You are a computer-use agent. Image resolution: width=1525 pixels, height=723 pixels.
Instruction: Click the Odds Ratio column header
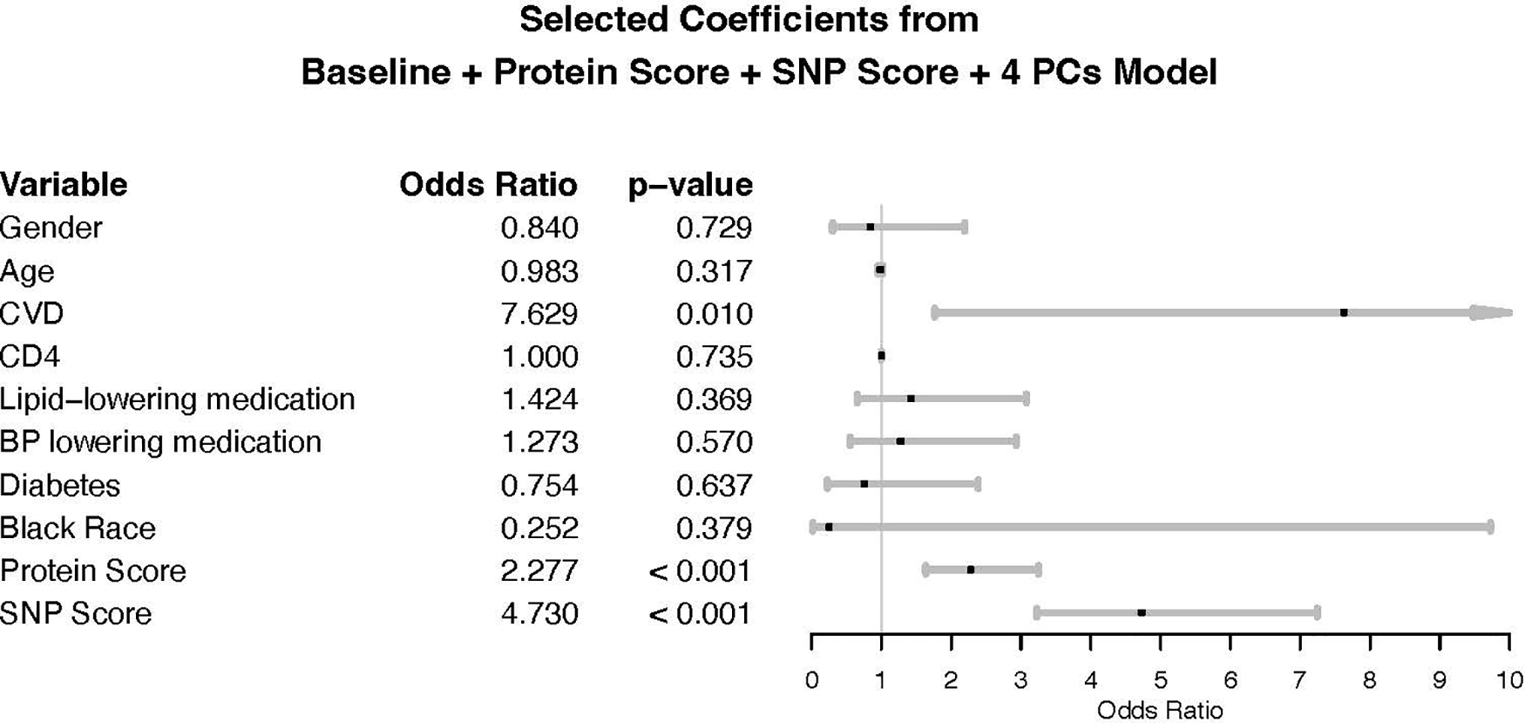488,185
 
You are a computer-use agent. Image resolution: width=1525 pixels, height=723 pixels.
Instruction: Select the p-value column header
690,185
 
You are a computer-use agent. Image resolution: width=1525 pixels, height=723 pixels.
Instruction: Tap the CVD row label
32,313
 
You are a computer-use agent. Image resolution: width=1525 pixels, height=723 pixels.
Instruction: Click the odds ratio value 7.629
539,313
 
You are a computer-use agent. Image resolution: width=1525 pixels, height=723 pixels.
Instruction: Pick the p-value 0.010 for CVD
714,313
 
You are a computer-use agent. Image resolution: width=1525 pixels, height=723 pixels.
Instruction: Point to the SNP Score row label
76,613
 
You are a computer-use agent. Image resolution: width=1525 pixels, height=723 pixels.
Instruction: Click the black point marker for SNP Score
1142,613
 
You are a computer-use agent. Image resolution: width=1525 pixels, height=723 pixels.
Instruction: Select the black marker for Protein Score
971,570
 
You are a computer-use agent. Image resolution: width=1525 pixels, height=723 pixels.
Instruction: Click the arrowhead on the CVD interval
1491,312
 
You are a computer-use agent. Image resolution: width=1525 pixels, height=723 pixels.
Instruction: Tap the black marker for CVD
1344,312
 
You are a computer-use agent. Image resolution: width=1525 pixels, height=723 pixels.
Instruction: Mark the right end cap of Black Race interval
1490,527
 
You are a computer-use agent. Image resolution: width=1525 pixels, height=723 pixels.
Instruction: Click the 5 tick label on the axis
1161,681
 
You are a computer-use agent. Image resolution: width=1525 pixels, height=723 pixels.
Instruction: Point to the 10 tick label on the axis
1509,681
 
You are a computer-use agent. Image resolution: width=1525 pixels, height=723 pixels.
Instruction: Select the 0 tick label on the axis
811,681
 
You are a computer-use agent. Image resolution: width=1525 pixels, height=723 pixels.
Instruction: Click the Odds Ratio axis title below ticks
1160,710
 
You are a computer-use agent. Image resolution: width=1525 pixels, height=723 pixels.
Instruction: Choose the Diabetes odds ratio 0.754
539,485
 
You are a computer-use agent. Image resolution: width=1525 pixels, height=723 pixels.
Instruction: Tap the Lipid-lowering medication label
178,399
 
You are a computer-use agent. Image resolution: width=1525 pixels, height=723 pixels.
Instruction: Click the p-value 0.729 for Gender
714,228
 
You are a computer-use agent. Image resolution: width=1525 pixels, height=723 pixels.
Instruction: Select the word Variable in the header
64,185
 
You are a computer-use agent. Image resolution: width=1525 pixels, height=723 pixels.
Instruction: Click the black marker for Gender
870,227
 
